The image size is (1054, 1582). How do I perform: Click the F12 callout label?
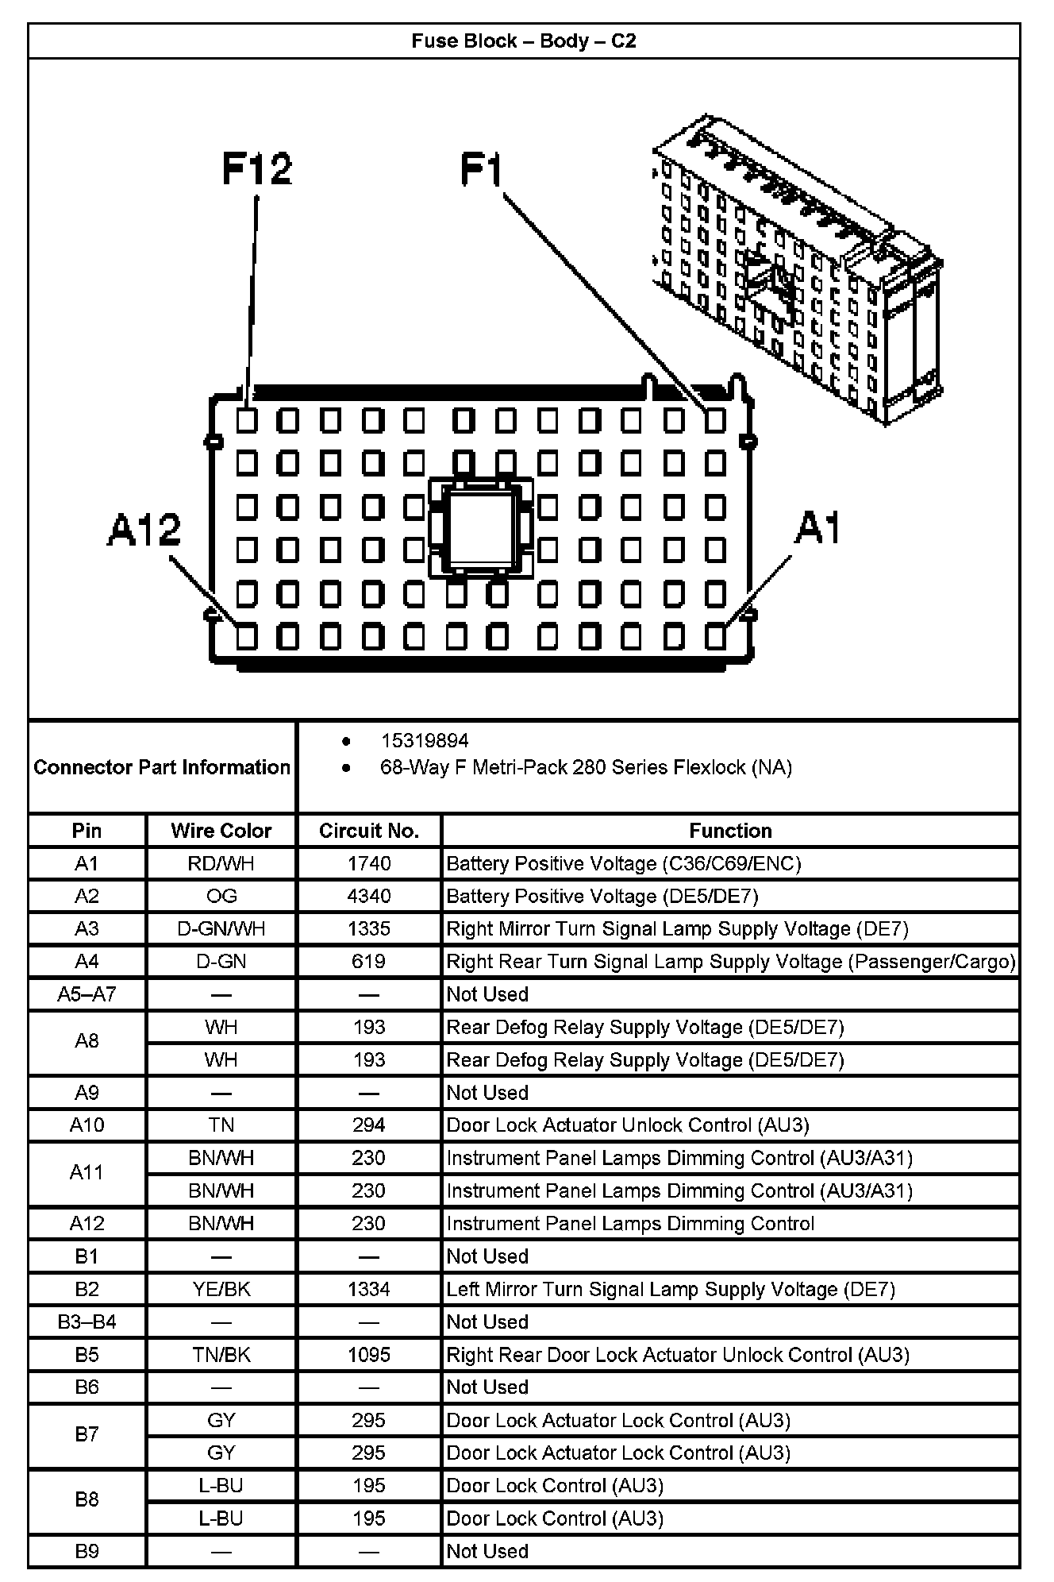point(256,168)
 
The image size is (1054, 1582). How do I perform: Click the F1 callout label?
point(482,170)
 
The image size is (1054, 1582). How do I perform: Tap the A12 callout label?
point(144,530)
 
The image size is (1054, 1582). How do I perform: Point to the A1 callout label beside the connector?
point(817,528)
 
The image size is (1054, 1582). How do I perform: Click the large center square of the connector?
point(480,527)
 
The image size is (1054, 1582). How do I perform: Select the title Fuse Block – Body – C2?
point(524,41)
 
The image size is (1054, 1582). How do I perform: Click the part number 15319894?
point(425,741)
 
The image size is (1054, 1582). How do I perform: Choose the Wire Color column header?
point(221,831)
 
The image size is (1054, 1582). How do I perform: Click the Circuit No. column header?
point(369,831)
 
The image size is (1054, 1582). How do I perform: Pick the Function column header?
point(730,831)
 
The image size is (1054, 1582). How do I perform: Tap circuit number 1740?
point(369,863)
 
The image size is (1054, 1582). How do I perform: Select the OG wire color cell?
point(221,896)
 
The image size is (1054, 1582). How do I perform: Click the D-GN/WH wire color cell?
point(221,928)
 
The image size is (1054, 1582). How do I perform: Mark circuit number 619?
point(369,962)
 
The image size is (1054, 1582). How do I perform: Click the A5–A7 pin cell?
point(87,994)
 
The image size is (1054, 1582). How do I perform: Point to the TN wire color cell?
point(221,1125)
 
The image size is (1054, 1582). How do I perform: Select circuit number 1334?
point(369,1289)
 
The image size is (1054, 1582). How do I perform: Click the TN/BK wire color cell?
point(221,1355)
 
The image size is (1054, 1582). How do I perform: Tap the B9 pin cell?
point(87,1551)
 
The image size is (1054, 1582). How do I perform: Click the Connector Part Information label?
point(162,767)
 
